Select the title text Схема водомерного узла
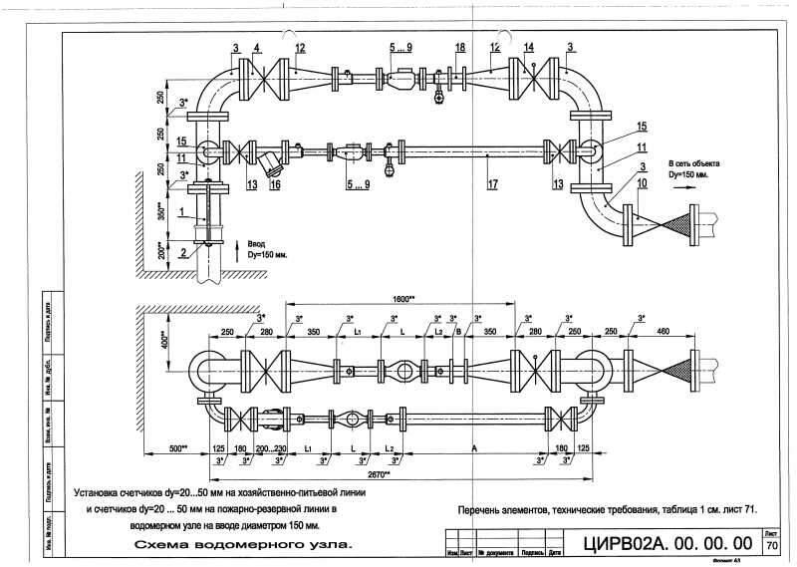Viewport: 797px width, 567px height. (x=243, y=546)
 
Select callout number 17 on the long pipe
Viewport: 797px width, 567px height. (x=492, y=184)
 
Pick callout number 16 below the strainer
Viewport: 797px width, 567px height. (x=276, y=184)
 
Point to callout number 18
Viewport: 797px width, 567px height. (x=459, y=48)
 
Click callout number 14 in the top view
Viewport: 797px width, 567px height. (x=528, y=48)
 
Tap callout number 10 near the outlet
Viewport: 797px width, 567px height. (x=643, y=184)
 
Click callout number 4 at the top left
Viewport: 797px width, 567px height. (x=257, y=48)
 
